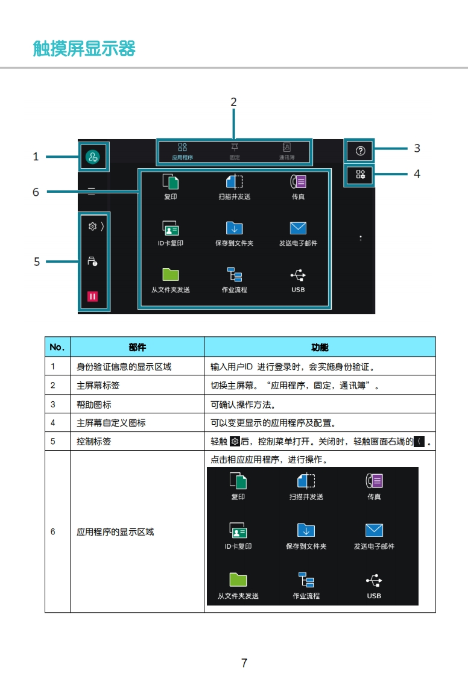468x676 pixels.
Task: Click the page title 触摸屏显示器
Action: tap(84, 48)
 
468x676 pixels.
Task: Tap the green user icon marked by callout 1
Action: tap(93, 158)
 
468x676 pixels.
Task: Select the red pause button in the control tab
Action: tap(92, 296)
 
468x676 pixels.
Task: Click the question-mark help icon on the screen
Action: tap(361, 151)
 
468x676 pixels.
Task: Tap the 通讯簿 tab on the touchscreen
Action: tap(287, 151)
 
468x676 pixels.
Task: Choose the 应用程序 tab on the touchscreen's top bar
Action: tap(182, 151)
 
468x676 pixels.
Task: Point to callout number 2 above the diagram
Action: tap(234, 102)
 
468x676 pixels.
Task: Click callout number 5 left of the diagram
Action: tap(37, 261)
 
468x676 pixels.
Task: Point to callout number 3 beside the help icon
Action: tap(417, 148)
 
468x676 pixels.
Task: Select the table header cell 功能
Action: tap(320, 347)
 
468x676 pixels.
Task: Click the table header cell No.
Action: tap(57, 347)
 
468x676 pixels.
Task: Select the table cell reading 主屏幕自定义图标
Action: tap(111, 423)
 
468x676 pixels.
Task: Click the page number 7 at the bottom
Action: tap(244, 663)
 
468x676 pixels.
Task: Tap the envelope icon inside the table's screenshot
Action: tap(374, 530)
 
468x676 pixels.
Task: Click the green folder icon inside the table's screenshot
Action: tap(238, 580)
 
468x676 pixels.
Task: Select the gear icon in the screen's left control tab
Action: tap(92, 226)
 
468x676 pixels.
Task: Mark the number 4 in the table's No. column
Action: tap(53, 423)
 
